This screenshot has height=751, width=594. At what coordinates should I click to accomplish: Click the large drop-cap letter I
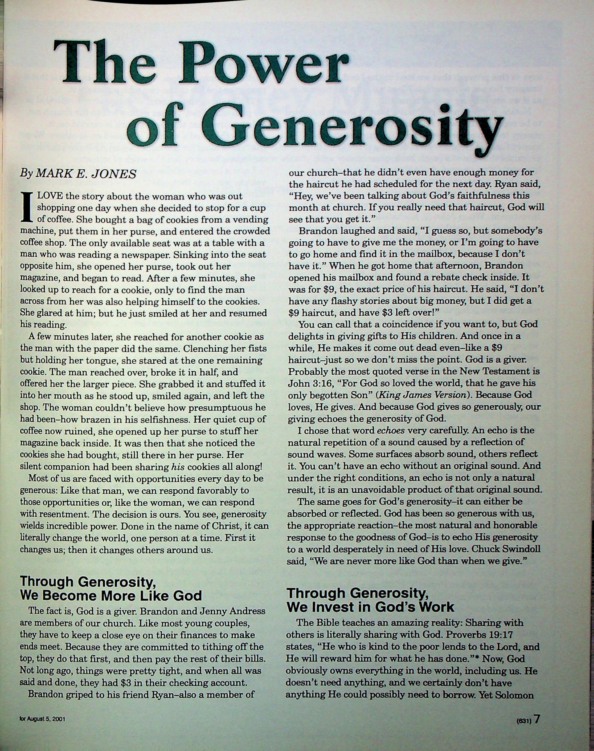pos(26,208)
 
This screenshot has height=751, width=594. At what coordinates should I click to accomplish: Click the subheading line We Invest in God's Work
pos(370,607)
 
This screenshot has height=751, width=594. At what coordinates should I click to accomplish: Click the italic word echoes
pos(391,431)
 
